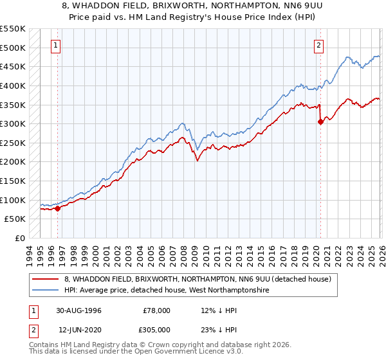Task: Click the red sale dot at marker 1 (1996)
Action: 58,208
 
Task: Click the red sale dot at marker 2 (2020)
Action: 320,122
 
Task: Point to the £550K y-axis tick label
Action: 13,29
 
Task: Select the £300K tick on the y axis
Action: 13,123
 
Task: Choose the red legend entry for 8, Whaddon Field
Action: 197,280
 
